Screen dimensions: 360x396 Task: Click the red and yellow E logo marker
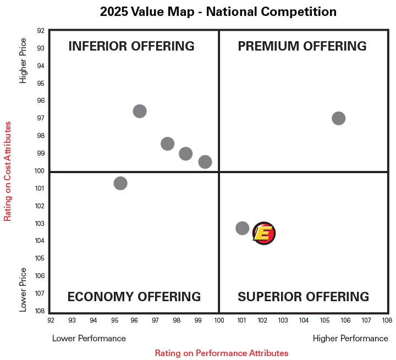264,233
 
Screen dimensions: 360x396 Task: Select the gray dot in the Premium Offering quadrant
338,118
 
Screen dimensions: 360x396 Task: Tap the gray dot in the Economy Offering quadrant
120,183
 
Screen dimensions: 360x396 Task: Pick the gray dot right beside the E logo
242,228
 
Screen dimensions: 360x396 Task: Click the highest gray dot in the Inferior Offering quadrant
140,111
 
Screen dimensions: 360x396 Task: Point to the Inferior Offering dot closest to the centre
205,162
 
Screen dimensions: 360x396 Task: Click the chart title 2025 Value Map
218,12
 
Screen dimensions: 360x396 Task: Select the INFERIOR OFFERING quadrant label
131,46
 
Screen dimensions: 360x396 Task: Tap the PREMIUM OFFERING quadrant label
302,46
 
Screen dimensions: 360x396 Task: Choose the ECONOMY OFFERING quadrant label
134,297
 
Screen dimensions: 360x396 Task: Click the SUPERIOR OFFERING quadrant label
303,297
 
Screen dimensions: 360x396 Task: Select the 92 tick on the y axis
41,31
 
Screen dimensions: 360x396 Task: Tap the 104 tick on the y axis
41,241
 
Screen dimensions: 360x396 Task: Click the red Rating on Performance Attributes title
221,353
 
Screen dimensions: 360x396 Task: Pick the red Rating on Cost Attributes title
8,171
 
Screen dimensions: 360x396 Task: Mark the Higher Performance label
350,339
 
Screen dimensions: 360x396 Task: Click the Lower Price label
23,290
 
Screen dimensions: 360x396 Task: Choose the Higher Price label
23,60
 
